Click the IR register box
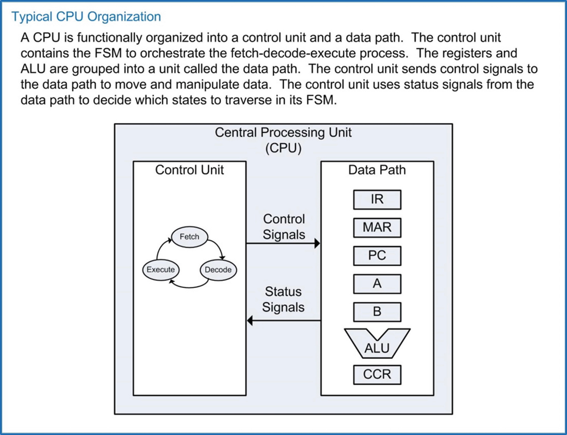point(377,199)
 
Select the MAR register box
point(377,227)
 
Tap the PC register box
point(377,256)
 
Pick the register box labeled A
point(377,284)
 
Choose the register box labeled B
point(377,312)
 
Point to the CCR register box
point(377,374)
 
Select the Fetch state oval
point(189,237)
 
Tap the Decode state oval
point(218,270)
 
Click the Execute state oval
point(161,270)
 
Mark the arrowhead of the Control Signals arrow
point(317,244)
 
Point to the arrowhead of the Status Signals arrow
point(250,321)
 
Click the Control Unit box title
point(189,170)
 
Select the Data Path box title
point(377,170)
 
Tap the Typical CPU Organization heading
point(86,17)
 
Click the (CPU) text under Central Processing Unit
point(283,148)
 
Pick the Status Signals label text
point(283,299)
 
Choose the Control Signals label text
point(283,227)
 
